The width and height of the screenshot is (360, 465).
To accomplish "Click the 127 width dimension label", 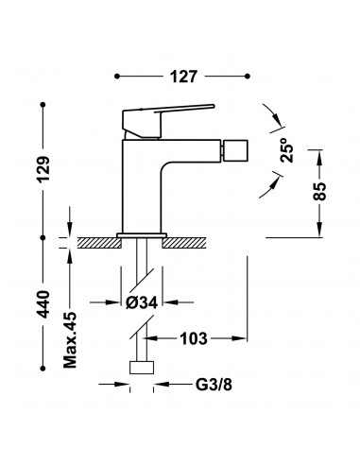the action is pyautogui.click(x=183, y=77).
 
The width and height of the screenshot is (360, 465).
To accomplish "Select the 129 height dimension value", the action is pyautogui.click(x=43, y=169).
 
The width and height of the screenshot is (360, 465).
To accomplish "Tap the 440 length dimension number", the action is pyautogui.click(x=43, y=304).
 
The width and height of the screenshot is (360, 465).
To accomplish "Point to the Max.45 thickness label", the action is pyautogui.click(x=70, y=340).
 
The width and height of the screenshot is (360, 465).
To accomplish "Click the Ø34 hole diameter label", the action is pyautogui.click(x=142, y=302).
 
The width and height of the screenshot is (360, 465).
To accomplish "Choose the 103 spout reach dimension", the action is pyautogui.click(x=194, y=339).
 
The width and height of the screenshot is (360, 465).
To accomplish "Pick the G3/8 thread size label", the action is pyautogui.click(x=214, y=385).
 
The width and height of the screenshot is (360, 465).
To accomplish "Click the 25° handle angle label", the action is pyautogui.click(x=286, y=150).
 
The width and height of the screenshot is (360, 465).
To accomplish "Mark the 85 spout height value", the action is pyautogui.click(x=320, y=191).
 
